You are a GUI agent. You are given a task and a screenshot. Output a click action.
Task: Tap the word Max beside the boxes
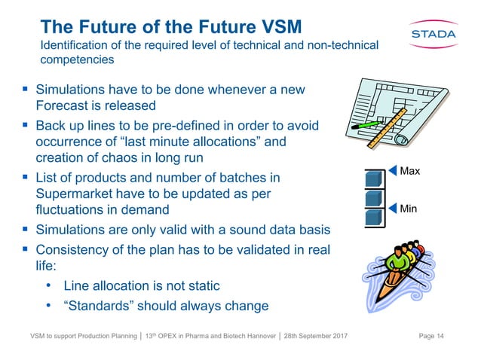(410, 172)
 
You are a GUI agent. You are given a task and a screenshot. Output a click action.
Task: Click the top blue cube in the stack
(374, 180)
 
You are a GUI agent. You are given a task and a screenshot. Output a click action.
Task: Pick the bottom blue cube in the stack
(374, 219)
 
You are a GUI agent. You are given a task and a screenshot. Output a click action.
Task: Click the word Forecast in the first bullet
(65, 105)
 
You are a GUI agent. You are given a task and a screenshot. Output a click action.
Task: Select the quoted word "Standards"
(102, 306)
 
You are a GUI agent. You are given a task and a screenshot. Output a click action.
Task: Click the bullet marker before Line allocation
(49, 286)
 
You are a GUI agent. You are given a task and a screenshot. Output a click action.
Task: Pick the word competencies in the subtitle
(77, 59)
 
